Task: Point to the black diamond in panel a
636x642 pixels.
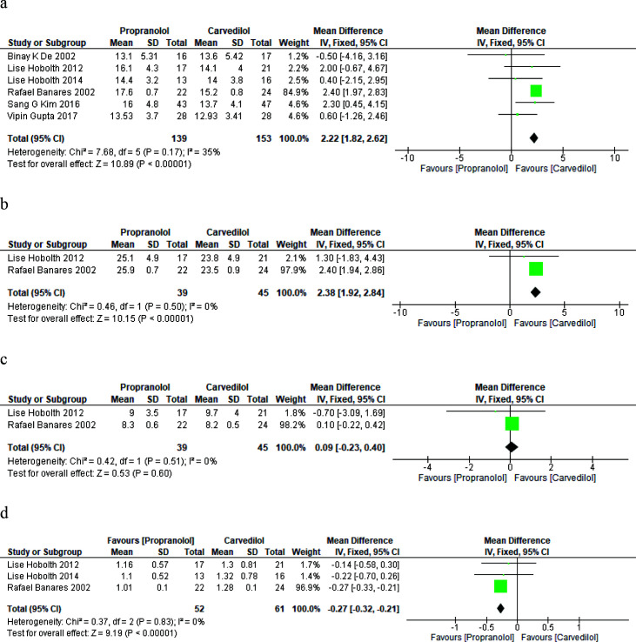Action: (x=533, y=137)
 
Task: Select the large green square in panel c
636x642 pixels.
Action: (x=512, y=424)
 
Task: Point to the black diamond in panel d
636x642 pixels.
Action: (x=500, y=607)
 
